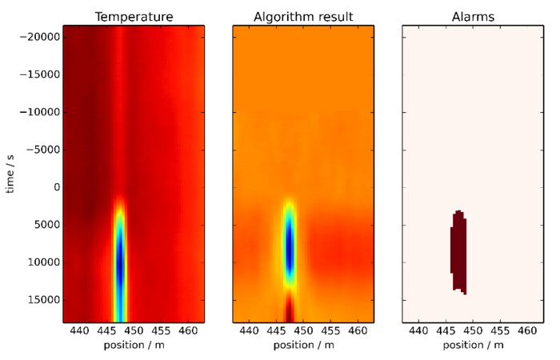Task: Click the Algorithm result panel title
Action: tap(302, 16)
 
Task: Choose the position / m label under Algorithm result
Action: tap(302, 346)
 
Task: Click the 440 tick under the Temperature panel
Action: tap(79, 330)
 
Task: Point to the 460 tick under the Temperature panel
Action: tap(188, 330)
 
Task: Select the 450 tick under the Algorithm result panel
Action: tap(302, 330)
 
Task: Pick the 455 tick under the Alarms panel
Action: tap(500, 330)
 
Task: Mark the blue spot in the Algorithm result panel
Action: tap(290, 252)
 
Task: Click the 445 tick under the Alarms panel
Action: tap(446, 330)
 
